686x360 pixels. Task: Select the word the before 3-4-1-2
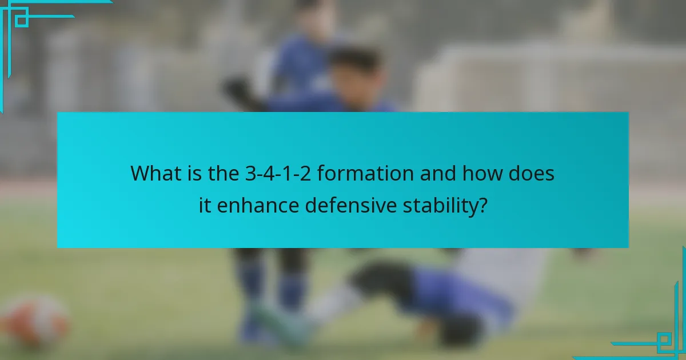coord(221,173)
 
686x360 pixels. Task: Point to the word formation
coord(366,173)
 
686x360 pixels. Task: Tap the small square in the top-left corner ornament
coord(21,20)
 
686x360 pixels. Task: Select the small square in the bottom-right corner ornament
coord(664,341)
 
